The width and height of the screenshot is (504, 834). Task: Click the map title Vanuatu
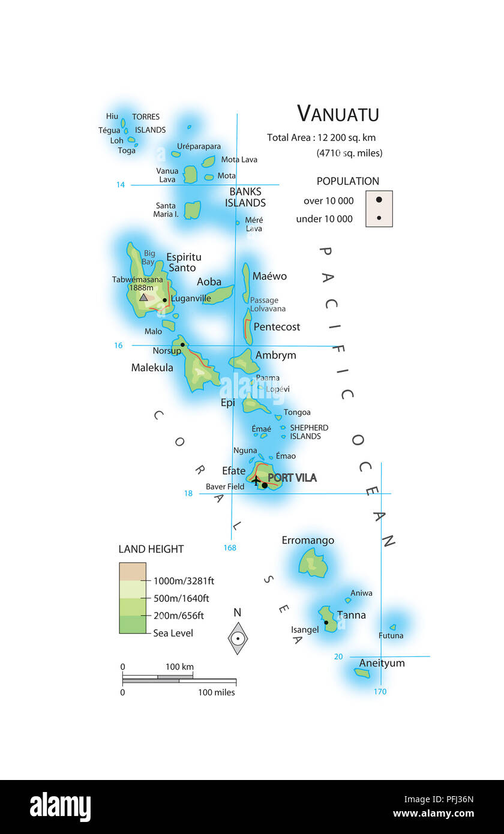tap(338, 113)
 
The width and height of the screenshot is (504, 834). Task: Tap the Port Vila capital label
tap(292, 478)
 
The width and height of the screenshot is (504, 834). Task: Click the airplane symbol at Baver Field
tap(256, 481)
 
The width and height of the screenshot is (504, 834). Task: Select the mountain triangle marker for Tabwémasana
tap(143, 297)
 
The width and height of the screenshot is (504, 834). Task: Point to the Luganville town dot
tap(164, 300)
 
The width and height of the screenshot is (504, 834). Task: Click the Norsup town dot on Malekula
tap(182, 344)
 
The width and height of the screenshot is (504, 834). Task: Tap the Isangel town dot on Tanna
tap(326, 622)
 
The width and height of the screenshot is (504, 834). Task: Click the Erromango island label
tap(308, 541)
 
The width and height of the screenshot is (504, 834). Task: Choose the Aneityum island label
tap(382, 663)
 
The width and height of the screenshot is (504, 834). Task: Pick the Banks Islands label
tap(245, 197)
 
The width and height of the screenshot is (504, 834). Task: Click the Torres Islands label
tap(148, 123)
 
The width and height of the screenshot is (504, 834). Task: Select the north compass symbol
tap(238, 638)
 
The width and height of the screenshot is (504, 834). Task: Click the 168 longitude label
tap(230, 547)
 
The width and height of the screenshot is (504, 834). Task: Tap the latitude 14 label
tap(121, 185)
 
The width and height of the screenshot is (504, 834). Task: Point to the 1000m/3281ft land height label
tap(184, 581)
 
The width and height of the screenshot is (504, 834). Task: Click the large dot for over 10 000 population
tap(379, 200)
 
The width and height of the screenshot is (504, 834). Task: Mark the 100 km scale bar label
tap(179, 667)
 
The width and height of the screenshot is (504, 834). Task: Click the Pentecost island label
tap(277, 327)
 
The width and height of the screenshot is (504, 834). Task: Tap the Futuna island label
tap(391, 635)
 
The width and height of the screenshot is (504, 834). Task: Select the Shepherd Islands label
tap(308, 432)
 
